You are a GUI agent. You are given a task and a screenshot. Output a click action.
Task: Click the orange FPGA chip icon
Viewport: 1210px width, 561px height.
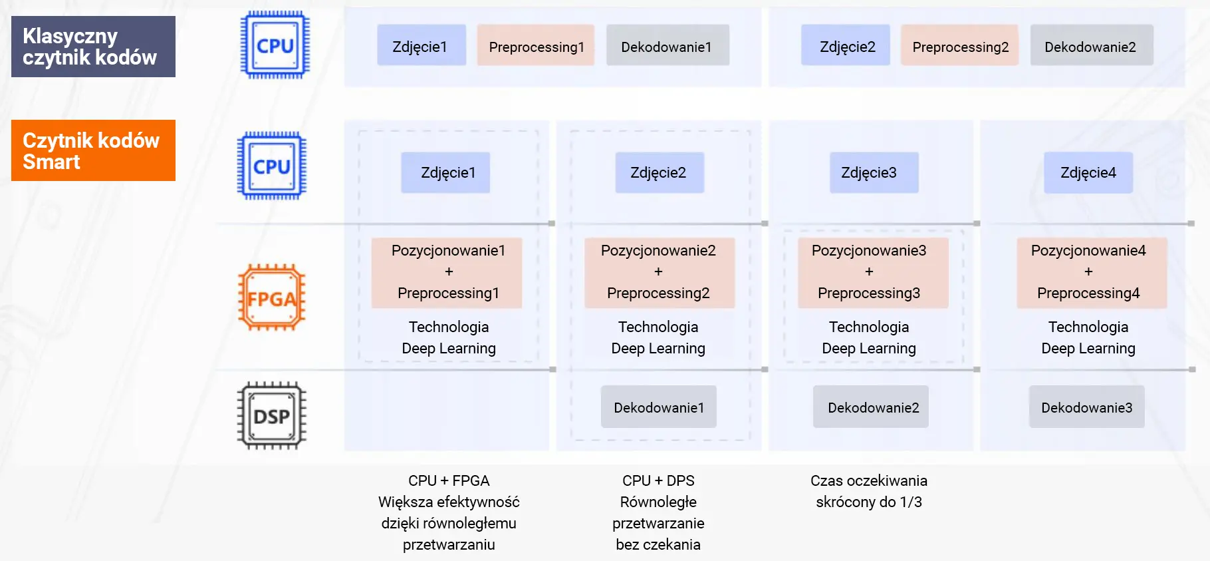[271, 297]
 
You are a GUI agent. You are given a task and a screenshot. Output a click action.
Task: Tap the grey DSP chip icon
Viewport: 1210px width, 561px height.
[271, 416]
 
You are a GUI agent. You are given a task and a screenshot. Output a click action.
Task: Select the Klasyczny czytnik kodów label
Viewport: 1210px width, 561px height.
[93, 47]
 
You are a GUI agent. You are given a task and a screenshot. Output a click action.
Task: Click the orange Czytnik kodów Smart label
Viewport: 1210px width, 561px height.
[93, 150]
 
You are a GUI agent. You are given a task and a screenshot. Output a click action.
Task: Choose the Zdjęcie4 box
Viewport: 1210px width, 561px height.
[1088, 172]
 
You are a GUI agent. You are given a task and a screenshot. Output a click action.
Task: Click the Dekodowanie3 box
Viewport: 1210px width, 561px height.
[1086, 407]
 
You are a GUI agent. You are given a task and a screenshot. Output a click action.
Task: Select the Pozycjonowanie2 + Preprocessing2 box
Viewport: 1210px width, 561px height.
[659, 272]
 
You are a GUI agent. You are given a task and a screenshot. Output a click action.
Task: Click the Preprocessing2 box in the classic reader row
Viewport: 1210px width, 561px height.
[959, 46]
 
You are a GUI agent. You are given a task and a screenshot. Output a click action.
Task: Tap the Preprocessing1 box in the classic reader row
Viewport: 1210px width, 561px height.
[535, 46]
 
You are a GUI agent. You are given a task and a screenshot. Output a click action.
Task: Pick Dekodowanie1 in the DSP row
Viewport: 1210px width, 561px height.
[658, 407]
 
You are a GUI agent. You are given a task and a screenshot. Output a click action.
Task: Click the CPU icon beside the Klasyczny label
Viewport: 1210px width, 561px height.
[275, 45]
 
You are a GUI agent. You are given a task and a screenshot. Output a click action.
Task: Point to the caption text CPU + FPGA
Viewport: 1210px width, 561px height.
[449, 480]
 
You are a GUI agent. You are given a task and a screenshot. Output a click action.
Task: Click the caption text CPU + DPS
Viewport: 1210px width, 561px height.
[658, 480]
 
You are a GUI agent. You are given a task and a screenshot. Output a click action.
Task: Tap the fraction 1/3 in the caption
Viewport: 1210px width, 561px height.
[911, 502]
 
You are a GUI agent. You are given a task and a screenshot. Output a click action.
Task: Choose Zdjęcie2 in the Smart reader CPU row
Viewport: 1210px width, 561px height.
[659, 172]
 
